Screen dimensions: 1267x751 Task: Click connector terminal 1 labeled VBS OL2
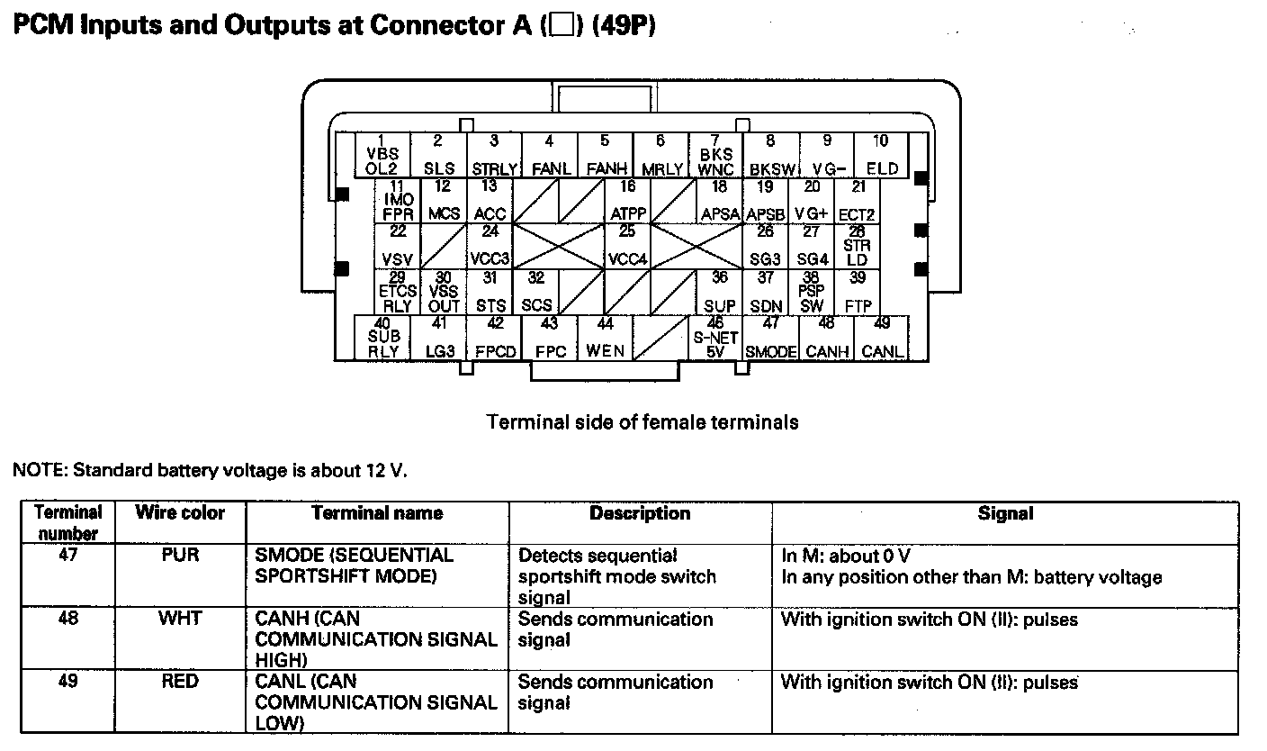pyautogui.click(x=383, y=155)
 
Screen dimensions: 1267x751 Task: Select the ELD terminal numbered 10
pyautogui.click(x=881, y=155)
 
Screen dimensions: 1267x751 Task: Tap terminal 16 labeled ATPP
pyautogui.click(x=627, y=200)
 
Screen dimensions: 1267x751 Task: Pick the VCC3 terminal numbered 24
pyautogui.click(x=490, y=246)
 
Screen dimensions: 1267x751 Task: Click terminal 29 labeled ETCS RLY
pyautogui.click(x=397, y=292)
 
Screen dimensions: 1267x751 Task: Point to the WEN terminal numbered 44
pyautogui.click(x=605, y=338)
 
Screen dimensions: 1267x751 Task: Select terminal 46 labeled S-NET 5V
pyautogui.click(x=715, y=338)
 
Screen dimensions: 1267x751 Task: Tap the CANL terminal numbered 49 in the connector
pyautogui.click(x=882, y=338)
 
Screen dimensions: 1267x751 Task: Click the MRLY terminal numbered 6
pyautogui.click(x=660, y=155)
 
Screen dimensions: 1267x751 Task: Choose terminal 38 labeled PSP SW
pyautogui.click(x=811, y=292)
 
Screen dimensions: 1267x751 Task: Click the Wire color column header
pyautogui.click(x=180, y=512)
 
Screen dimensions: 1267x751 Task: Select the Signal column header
pyautogui.click(x=1005, y=513)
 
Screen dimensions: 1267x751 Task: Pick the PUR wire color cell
pyautogui.click(x=180, y=555)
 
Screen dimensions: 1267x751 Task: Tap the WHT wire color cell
pyautogui.click(x=180, y=618)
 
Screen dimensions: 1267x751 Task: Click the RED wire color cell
pyautogui.click(x=180, y=681)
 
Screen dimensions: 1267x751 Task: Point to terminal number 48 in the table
pyautogui.click(x=67, y=618)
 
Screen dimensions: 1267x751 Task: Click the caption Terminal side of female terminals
pyautogui.click(x=642, y=422)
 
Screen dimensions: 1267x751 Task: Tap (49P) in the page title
pyautogui.click(x=624, y=25)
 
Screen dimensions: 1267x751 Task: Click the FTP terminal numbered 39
pyautogui.click(x=858, y=292)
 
